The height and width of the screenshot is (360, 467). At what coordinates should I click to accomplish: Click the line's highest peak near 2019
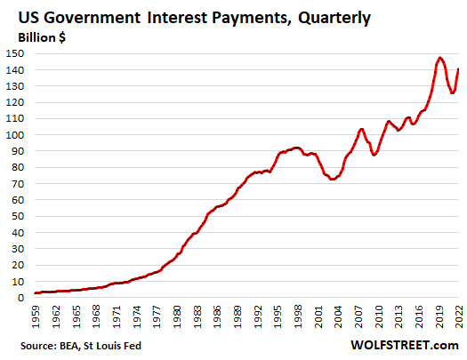440,58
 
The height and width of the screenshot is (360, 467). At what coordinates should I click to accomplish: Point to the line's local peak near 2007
361,129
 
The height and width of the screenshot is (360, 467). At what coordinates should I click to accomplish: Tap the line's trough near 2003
333,180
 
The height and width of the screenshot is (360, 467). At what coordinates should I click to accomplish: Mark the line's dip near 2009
374,155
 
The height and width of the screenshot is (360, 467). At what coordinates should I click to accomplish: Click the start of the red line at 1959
36,292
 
